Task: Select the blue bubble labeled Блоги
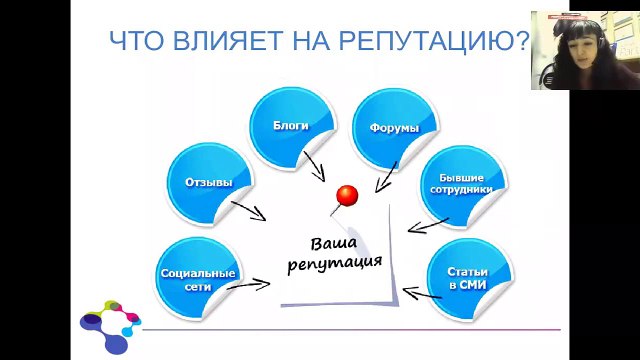290,127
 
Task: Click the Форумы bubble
393,127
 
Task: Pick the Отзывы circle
208,182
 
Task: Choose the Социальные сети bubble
198,278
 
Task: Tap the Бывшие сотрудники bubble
461,183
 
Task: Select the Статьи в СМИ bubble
468,277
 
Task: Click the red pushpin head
347,193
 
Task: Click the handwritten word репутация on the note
334,264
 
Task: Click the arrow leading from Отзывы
247,210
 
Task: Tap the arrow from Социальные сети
248,285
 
